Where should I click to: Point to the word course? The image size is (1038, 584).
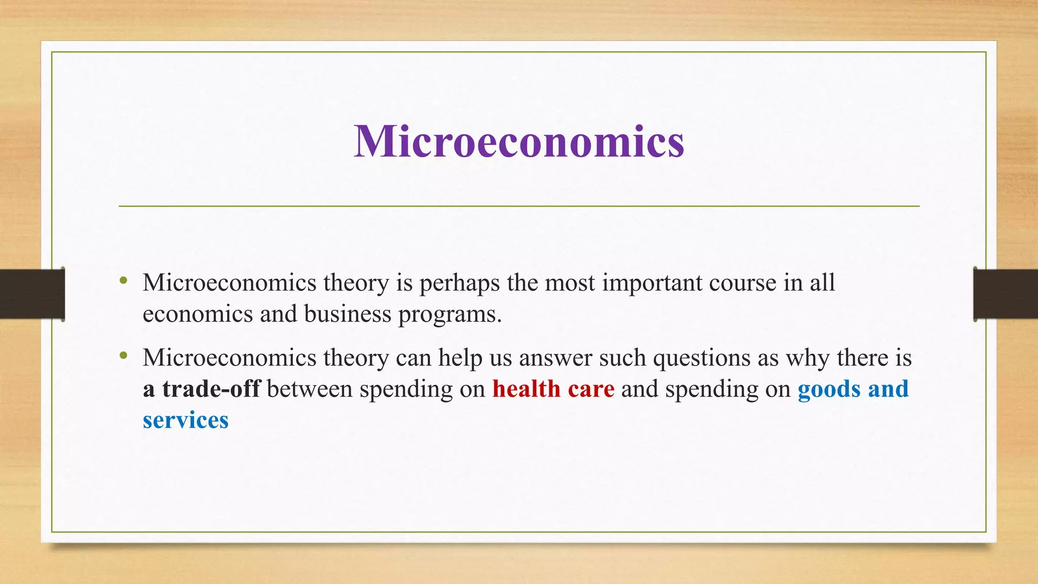coord(743,283)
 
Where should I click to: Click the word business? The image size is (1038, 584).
coord(348,314)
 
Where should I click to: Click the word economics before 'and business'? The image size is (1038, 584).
coord(198,314)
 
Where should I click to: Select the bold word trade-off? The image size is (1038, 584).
coord(211,389)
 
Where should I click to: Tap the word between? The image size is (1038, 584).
coord(309,389)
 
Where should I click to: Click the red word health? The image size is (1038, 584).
coord(526,389)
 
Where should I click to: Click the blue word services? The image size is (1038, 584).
coord(186,421)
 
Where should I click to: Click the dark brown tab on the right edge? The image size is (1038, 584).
coord(1006,294)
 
